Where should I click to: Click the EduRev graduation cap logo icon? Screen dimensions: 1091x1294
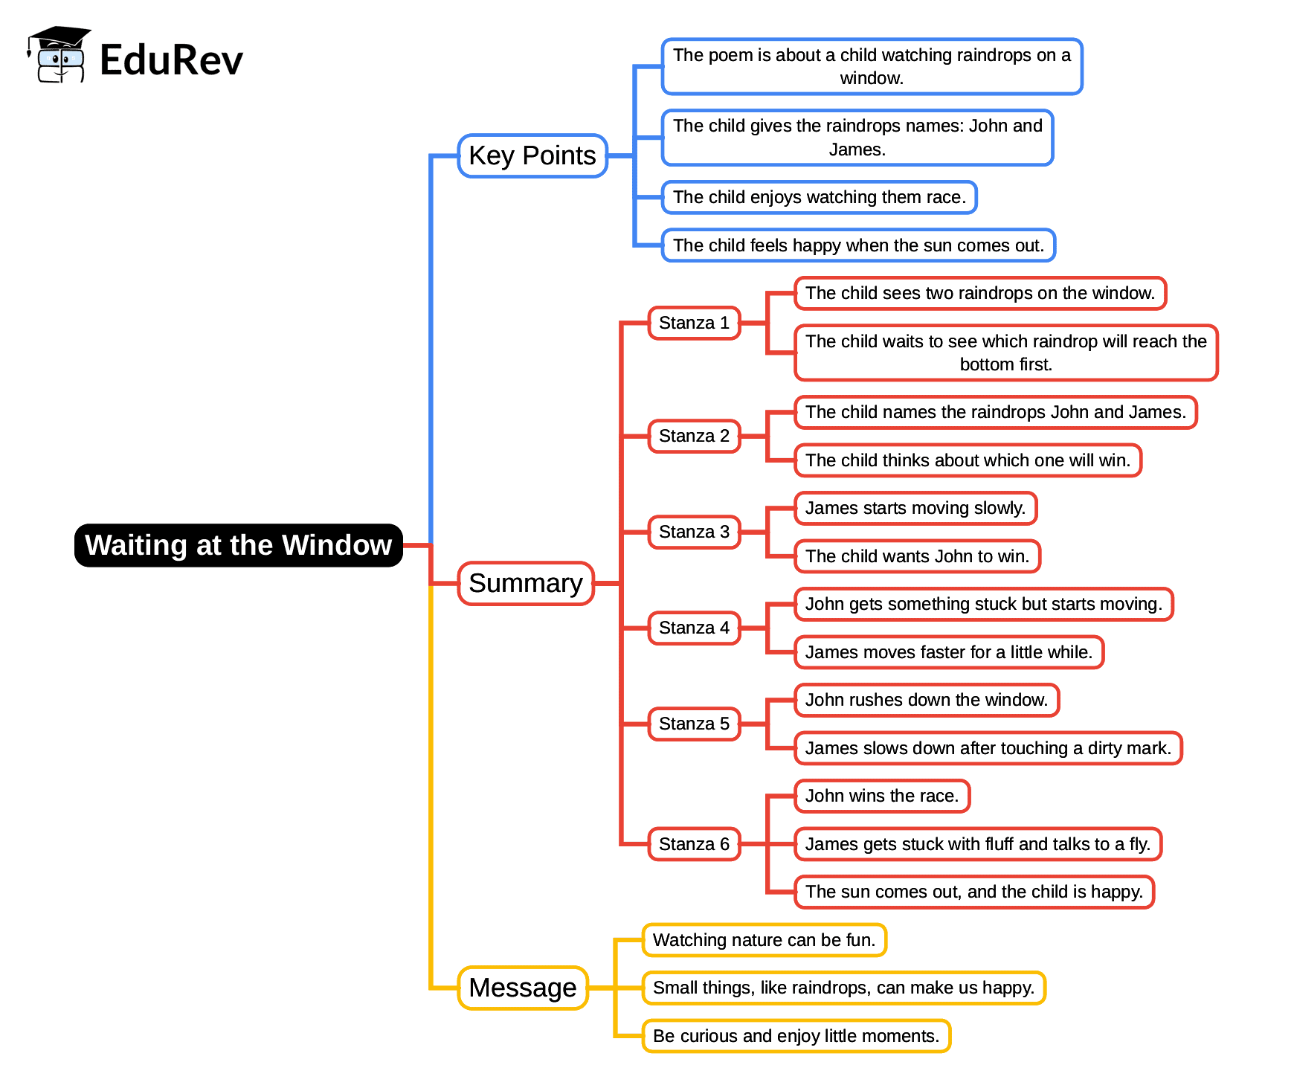click(x=59, y=55)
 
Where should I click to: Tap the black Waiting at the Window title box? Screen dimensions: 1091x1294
click(x=238, y=545)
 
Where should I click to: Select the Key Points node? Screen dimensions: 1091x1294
click(x=532, y=156)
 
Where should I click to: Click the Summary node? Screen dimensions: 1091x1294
click(x=525, y=584)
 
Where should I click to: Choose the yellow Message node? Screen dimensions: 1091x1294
click(x=522, y=988)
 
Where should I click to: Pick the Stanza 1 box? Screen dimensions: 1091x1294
click(x=693, y=324)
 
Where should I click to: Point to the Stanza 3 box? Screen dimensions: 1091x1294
click(x=693, y=532)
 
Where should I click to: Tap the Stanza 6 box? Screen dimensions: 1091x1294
click(x=693, y=844)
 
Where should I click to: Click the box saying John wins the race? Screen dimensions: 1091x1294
click(x=881, y=796)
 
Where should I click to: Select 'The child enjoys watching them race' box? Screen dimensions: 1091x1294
click(x=819, y=198)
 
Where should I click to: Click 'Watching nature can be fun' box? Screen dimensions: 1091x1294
click(x=764, y=940)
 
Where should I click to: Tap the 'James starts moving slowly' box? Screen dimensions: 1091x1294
click(x=915, y=509)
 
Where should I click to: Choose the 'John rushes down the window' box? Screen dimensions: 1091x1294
click(x=926, y=701)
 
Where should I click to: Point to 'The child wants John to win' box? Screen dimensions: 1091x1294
click(x=917, y=556)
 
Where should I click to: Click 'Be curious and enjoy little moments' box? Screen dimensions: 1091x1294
click(x=796, y=1036)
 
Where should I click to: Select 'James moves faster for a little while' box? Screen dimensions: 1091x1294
click(x=948, y=652)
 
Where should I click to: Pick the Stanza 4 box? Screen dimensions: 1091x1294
click(x=693, y=628)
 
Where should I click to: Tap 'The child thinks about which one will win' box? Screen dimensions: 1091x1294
click(x=968, y=461)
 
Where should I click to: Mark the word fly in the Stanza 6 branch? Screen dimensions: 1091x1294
click(x=1139, y=845)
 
